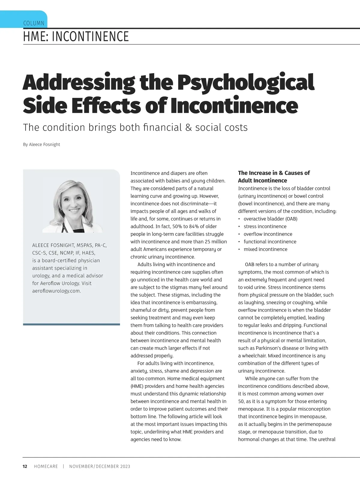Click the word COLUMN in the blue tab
point(34,23)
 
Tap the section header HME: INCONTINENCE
point(76,37)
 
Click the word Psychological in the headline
point(246,82)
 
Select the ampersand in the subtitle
point(188,127)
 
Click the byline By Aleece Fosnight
point(41,144)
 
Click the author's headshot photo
point(72,206)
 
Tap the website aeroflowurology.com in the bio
point(56,291)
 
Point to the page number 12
point(25,466)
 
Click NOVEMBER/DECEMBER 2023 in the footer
point(100,466)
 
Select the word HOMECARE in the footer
point(46,466)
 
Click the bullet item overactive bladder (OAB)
point(270,219)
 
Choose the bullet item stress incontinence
point(265,226)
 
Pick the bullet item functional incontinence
point(270,242)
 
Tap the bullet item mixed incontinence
point(265,249)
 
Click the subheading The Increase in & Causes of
point(274,173)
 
